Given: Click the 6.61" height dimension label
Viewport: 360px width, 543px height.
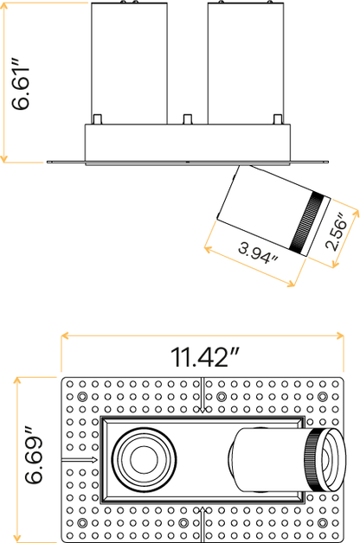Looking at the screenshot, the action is [x=21, y=84].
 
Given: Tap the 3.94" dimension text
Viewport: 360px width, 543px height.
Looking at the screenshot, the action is [x=258, y=253].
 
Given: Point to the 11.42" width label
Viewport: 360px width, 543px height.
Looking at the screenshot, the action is [x=204, y=357].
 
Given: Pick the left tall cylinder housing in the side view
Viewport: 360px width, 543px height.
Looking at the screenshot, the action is [x=129, y=63].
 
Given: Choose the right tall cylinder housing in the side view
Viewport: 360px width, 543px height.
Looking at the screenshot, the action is [x=246, y=63].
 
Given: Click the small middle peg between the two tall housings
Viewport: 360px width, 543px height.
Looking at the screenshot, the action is [x=188, y=119].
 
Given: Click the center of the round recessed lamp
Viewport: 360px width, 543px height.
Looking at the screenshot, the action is [x=145, y=459].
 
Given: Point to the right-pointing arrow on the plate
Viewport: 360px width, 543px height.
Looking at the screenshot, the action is [x=80, y=460].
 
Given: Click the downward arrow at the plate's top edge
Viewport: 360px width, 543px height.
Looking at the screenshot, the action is [x=203, y=395].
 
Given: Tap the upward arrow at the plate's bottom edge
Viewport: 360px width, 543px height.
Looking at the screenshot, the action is [x=203, y=525].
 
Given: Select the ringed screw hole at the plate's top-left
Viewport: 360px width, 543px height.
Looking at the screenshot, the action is [x=82, y=397].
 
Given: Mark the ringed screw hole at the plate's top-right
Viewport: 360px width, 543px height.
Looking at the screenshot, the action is [x=323, y=397].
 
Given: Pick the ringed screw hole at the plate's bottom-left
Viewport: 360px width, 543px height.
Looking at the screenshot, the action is [x=82, y=522].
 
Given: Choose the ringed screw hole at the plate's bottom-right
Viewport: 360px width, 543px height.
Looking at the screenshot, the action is [x=323, y=522].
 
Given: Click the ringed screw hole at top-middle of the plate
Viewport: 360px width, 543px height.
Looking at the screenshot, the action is [x=222, y=397].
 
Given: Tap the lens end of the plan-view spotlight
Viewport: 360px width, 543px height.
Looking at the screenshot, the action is [x=333, y=460].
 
